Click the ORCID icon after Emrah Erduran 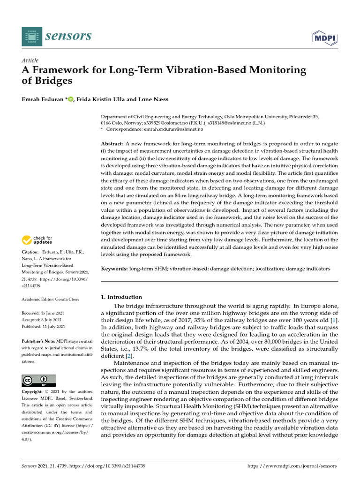pos(71,99)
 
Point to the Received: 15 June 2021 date pos(43,313)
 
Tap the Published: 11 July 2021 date pos(44,326)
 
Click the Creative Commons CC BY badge pos(39,380)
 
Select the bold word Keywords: pos(115,269)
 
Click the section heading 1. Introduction pos(121,297)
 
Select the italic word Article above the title pos(30,60)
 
